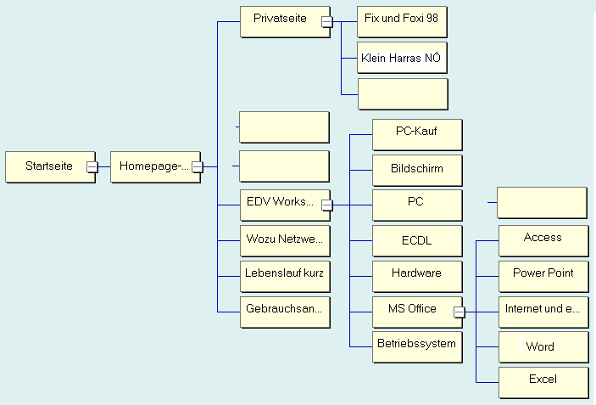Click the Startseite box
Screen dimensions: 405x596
click(48, 166)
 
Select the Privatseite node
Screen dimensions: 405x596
click(281, 19)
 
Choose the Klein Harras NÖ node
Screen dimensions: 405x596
click(401, 58)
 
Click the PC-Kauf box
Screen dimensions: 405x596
click(416, 133)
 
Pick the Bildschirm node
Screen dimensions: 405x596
click(416, 169)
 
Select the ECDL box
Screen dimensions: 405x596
click(416, 240)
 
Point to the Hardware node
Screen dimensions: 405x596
click(416, 274)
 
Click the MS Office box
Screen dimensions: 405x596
click(411, 310)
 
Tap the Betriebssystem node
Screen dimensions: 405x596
click(416, 345)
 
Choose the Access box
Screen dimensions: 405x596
click(543, 239)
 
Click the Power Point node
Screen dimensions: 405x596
click(543, 274)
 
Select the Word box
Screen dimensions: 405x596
click(543, 346)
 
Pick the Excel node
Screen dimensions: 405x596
click(543, 380)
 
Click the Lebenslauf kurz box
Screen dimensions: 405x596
click(284, 274)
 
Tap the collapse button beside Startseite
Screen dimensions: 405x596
click(92, 167)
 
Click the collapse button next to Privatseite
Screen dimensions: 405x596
click(326, 22)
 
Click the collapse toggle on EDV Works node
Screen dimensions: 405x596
click(326, 205)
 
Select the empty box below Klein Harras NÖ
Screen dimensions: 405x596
click(403, 93)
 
